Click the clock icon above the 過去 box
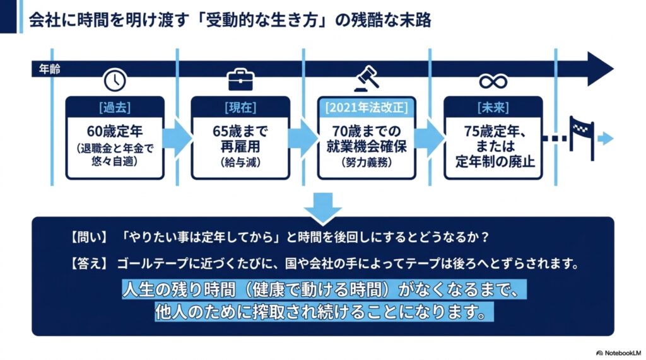115,80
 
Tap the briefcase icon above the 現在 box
240,80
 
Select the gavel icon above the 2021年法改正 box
367,79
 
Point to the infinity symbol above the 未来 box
493,81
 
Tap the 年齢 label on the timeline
49,69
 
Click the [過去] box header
115,108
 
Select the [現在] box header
240,108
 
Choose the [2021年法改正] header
367,108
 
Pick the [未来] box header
493,108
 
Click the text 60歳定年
115,131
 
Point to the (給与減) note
240,162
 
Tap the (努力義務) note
367,162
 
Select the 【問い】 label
89,237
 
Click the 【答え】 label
89,263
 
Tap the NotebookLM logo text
619,353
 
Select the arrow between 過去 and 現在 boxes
177,138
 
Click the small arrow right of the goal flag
606,139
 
